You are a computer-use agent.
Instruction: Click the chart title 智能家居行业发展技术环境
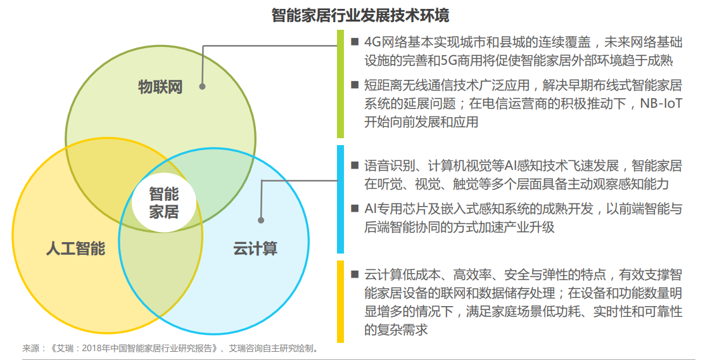(360, 16)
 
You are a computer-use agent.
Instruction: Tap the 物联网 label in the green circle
(160, 86)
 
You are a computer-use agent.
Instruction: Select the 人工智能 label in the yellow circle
(76, 248)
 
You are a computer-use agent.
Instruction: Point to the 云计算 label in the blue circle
(255, 248)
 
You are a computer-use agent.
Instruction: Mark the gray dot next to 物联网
(202, 86)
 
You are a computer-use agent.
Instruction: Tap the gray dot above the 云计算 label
(261, 221)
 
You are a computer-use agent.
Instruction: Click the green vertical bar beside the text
(340, 84)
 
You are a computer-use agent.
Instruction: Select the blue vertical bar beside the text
(340, 199)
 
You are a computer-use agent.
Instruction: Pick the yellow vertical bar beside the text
(340, 301)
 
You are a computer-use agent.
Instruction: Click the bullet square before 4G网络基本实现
(355, 42)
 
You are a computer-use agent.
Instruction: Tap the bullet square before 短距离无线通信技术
(355, 84)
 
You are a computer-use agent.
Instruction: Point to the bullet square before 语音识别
(355, 165)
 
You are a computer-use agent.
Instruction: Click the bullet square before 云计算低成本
(355, 274)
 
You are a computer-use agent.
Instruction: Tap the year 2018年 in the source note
(94, 347)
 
